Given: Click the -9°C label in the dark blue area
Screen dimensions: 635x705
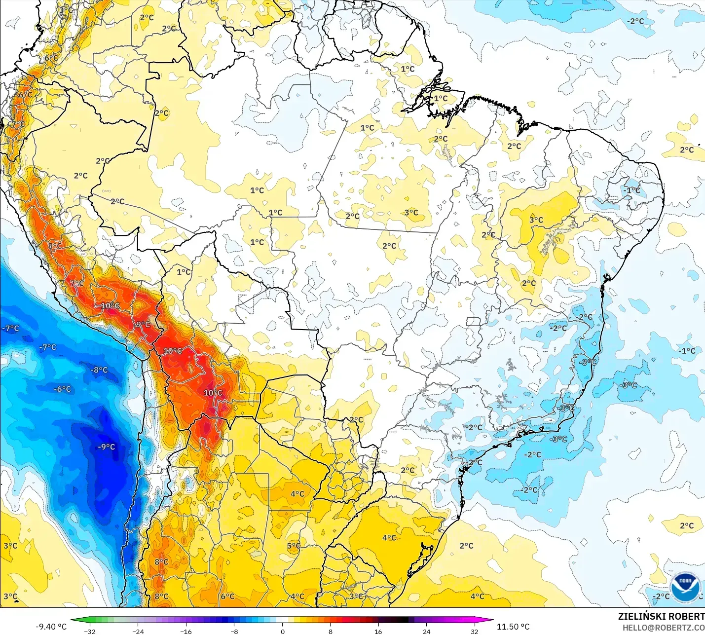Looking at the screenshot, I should pyautogui.click(x=106, y=447).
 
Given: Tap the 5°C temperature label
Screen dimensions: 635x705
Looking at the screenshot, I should pyautogui.click(x=294, y=546).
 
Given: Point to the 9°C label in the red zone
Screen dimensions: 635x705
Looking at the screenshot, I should pyautogui.click(x=143, y=325).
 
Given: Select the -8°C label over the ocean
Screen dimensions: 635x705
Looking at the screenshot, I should pyautogui.click(x=99, y=370).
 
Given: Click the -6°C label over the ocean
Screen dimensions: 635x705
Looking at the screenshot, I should pyautogui.click(x=63, y=389).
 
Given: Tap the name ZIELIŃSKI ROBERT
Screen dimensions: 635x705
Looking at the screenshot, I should pyautogui.click(x=661, y=616).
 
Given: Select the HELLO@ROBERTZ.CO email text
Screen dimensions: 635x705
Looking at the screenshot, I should pyautogui.click(x=663, y=628).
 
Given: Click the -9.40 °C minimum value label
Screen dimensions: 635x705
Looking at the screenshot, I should pyautogui.click(x=51, y=627).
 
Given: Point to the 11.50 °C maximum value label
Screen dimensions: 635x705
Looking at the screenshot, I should pyautogui.click(x=513, y=627).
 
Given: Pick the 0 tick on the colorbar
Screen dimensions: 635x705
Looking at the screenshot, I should pyautogui.click(x=282, y=632).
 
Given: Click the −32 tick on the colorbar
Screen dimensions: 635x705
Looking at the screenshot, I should pyautogui.click(x=90, y=632).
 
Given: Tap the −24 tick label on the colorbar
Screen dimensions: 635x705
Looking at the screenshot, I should pyautogui.click(x=138, y=632).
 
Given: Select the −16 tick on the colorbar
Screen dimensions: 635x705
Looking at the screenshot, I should pyautogui.click(x=186, y=632).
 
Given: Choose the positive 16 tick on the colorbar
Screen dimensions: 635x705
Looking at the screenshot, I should pyautogui.click(x=378, y=632).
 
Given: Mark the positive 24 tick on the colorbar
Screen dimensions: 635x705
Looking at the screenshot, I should pyautogui.click(x=426, y=632).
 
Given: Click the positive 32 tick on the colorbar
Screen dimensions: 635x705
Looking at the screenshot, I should pyautogui.click(x=474, y=632).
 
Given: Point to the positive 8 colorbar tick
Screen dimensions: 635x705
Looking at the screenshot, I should pyautogui.click(x=330, y=632).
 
